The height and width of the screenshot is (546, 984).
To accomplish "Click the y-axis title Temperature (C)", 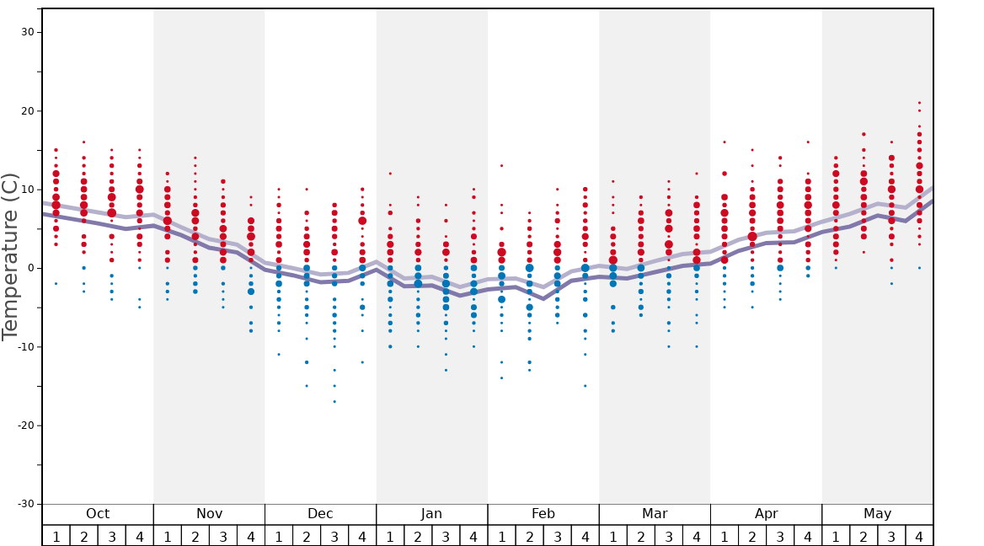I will pyautogui.click(x=10, y=256).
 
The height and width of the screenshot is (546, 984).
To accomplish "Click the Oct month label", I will pyautogui.click(x=98, y=514).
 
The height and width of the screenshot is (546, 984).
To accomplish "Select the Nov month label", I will pyautogui.click(x=209, y=514).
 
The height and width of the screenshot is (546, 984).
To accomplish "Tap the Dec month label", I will pyautogui.click(x=320, y=514).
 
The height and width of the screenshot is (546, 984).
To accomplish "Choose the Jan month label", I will pyautogui.click(x=431, y=514).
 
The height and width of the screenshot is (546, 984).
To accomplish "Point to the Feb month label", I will pyautogui.click(x=543, y=514).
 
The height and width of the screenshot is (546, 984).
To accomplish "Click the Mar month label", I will pyautogui.click(x=655, y=514).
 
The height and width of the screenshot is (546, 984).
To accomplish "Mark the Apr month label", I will pyautogui.click(x=766, y=514).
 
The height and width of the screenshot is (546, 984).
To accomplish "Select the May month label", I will pyautogui.click(x=877, y=514).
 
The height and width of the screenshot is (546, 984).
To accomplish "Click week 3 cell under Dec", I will pyautogui.click(x=334, y=536).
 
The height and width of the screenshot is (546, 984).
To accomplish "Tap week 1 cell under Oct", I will pyautogui.click(x=56, y=536).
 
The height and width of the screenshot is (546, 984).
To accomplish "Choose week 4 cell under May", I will pyautogui.click(x=919, y=536).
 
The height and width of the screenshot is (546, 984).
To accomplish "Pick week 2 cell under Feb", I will pyautogui.click(x=529, y=536).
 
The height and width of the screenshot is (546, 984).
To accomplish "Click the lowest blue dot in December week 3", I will pyautogui.click(x=334, y=401).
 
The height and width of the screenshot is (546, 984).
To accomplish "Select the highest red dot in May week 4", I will pyautogui.click(x=919, y=103).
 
